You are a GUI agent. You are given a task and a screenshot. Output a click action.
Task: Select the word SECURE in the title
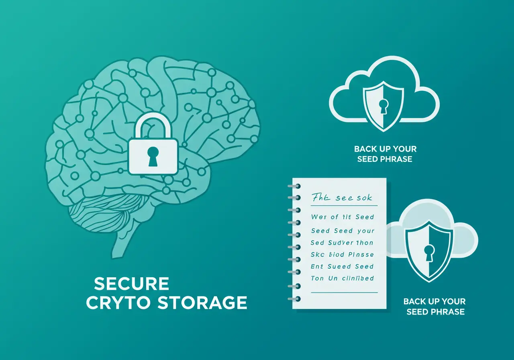[x=131, y=284]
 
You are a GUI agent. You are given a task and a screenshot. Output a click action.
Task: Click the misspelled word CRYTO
[x=119, y=303]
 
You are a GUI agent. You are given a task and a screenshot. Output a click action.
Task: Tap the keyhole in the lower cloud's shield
[x=429, y=252]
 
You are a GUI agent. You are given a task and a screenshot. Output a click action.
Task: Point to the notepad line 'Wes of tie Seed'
[x=343, y=217]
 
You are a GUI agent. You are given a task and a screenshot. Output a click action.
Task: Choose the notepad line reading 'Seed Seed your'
[x=343, y=231]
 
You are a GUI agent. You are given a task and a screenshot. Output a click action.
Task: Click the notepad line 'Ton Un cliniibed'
[x=343, y=278]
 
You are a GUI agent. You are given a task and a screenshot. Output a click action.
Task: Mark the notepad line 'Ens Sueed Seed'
[x=343, y=266]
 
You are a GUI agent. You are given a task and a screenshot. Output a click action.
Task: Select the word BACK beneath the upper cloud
[x=365, y=149]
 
